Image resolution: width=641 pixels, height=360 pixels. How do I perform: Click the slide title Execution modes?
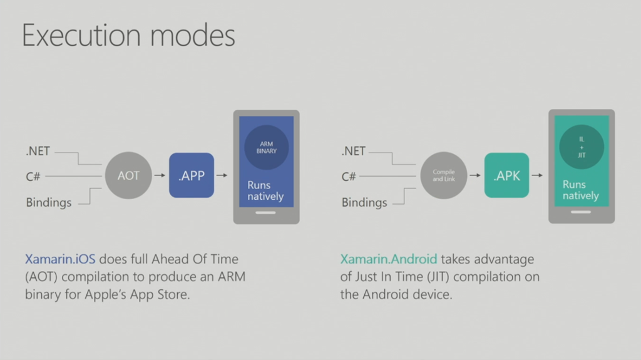[x=128, y=36]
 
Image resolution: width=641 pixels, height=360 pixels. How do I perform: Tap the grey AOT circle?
[x=128, y=176]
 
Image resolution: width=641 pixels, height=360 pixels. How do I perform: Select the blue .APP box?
[x=192, y=176]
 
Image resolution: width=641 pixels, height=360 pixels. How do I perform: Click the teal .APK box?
[x=506, y=176]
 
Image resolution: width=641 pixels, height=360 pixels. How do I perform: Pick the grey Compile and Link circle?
[x=444, y=176]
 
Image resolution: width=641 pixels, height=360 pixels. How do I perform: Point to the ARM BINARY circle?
[x=267, y=148]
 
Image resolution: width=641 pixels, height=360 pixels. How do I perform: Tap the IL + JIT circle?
[x=582, y=148]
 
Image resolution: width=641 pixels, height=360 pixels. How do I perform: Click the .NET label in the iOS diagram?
[x=38, y=151]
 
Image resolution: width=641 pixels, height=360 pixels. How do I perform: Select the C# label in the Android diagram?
[x=349, y=177]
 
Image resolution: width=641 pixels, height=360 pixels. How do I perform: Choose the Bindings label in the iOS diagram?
[x=49, y=203]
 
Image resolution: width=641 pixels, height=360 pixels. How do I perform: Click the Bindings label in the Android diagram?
[x=364, y=203]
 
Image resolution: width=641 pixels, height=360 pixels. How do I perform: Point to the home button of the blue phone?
[x=266, y=213]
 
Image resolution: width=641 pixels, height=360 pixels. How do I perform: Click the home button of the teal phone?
[x=582, y=213]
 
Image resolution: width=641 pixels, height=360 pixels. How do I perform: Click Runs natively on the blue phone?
[x=265, y=190]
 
